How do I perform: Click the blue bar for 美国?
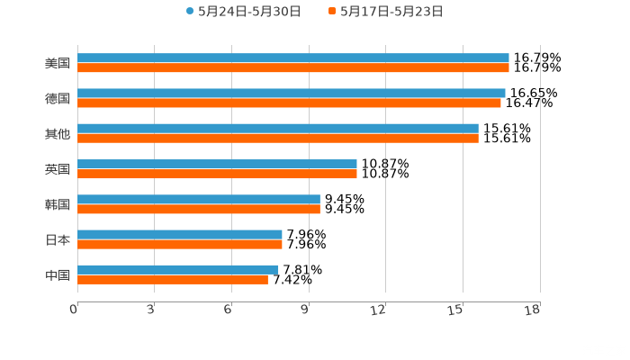coord(293,58)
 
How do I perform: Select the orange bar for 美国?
coord(293,68)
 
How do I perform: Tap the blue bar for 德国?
coord(292,93)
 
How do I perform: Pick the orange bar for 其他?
coord(278,139)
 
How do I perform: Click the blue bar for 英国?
coord(217,164)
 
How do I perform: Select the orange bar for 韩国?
coord(199,209)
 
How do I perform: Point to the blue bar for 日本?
coord(180,234)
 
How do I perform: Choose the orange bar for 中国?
coord(173,280)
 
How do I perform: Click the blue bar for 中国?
coord(178,269)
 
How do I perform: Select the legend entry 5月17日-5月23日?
coord(391,12)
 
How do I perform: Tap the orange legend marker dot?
coord(332,12)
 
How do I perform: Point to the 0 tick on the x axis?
coord(74,310)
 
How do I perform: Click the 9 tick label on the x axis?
coord(305,310)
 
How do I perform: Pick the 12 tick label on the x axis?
coord(379,310)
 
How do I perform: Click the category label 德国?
coord(58,98)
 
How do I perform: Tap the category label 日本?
coord(58,239)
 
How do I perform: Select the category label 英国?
coord(58,169)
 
